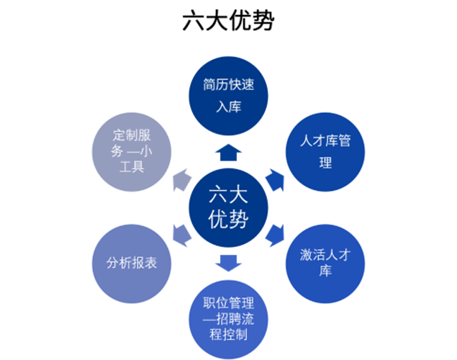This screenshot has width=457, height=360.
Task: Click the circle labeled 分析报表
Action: point(132,263)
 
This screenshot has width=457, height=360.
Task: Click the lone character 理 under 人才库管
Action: point(325,163)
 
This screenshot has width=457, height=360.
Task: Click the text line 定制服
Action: point(132,135)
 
